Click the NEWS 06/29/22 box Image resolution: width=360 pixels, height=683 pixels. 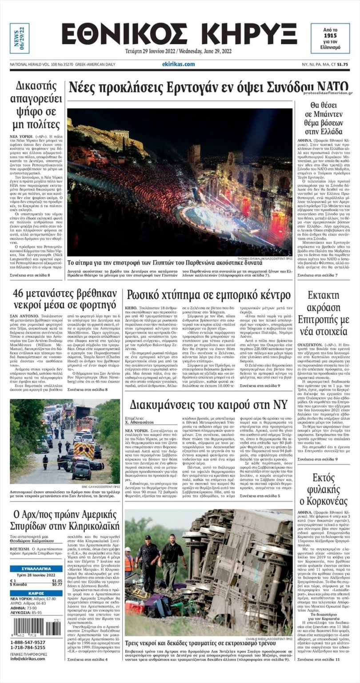tap(20, 38)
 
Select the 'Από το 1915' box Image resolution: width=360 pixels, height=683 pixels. tap(330, 38)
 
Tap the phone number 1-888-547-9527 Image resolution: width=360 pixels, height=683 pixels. tap(28, 643)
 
